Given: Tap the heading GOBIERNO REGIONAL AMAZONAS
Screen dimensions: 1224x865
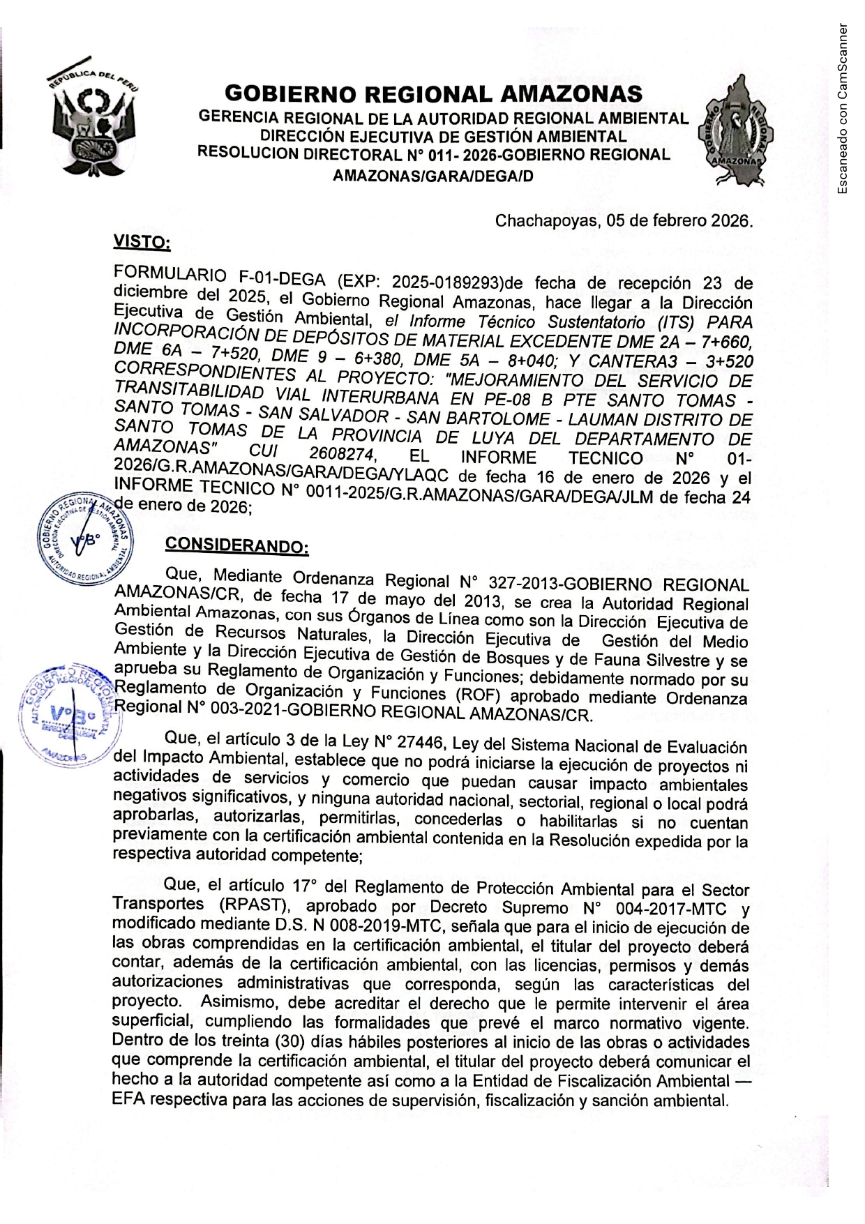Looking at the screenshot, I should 433,93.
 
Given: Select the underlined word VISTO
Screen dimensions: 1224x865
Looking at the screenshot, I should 142,243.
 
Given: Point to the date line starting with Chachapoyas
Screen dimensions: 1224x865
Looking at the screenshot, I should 624,221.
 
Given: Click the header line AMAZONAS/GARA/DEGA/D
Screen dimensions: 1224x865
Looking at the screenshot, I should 433,176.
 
